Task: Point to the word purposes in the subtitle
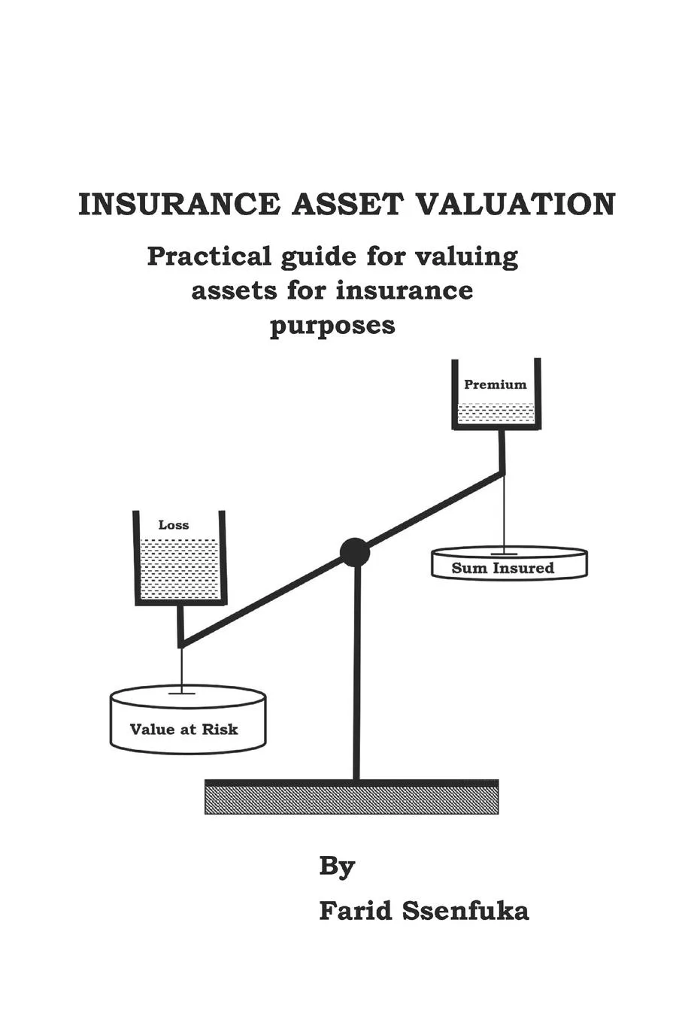tap(332, 326)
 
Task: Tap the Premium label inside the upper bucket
tap(496, 384)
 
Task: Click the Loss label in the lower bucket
tap(174, 525)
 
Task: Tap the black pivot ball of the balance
tap(355, 553)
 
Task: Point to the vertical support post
tap(356, 677)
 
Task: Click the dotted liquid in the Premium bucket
tap(496, 413)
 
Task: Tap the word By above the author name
tap(337, 867)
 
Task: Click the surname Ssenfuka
tap(465, 911)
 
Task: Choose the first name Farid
tap(356, 911)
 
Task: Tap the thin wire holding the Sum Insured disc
tap(505, 511)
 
